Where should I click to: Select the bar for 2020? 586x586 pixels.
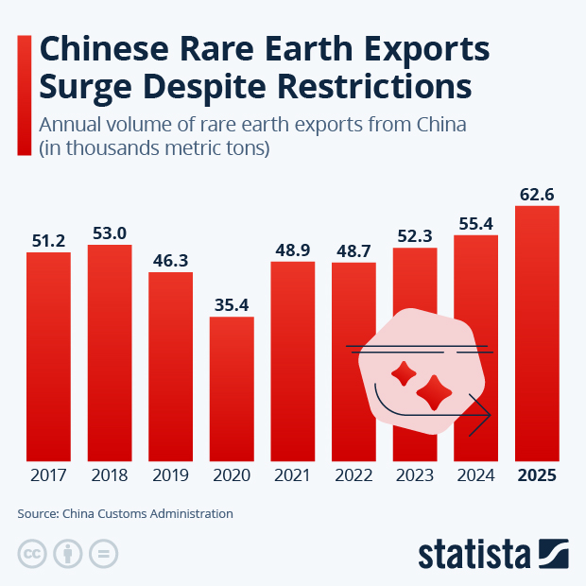(x=232, y=388)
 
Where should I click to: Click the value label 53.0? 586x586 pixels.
(x=109, y=233)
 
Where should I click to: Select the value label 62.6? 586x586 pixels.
(x=537, y=194)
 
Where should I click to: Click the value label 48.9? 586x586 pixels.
(x=292, y=250)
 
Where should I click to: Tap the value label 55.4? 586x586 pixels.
(x=475, y=223)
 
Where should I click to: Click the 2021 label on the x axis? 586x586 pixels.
(x=292, y=475)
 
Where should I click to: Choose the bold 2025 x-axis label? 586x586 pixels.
(x=537, y=475)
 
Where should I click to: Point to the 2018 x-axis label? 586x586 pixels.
(x=109, y=475)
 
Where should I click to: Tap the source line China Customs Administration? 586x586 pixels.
(x=147, y=514)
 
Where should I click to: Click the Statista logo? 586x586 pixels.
(x=492, y=553)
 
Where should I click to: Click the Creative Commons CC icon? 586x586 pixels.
(x=33, y=554)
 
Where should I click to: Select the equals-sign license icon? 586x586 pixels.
(x=105, y=554)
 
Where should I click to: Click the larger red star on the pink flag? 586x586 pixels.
(x=436, y=391)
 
